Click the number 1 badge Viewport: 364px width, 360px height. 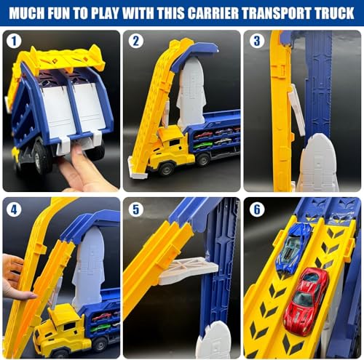coord(14,42)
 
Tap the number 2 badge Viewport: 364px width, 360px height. coord(135,42)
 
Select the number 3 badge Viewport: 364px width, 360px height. coord(256,41)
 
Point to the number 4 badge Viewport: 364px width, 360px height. coord(14,209)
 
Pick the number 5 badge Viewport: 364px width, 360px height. coord(135,209)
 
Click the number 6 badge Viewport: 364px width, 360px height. coord(256,209)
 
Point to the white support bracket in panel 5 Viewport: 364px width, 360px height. coord(186,271)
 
